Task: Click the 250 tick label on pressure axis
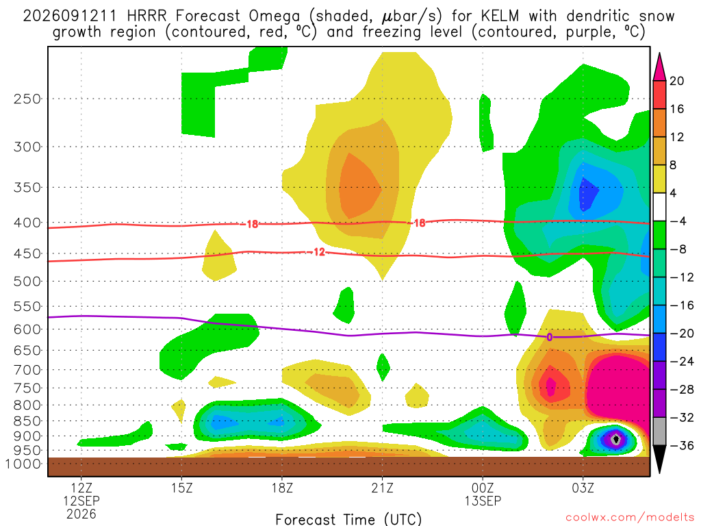[27, 99]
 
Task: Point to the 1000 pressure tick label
[23, 464]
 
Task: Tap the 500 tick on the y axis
[27, 281]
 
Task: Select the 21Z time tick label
[382, 487]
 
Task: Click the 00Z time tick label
[483, 487]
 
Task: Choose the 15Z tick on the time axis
[181, 487]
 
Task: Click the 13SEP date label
[483, 501]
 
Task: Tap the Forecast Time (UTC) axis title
[348, 519]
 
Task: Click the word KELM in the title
[500, 16]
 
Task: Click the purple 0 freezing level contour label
[550, 337]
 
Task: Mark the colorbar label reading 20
[676, 81]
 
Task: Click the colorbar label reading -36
[681, 445]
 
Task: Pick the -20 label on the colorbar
[681, 334]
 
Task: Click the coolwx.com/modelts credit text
[630, 518]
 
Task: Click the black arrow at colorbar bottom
[659, 458]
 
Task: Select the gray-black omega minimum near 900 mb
[616, 439]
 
